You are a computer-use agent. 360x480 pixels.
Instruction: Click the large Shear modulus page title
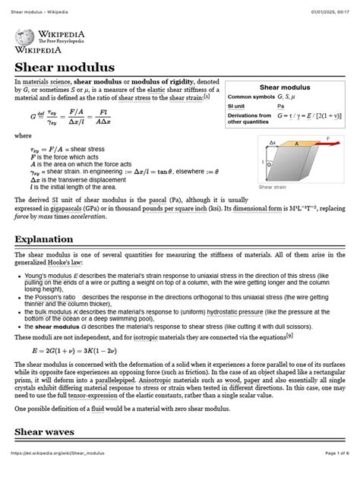point(64,68)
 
